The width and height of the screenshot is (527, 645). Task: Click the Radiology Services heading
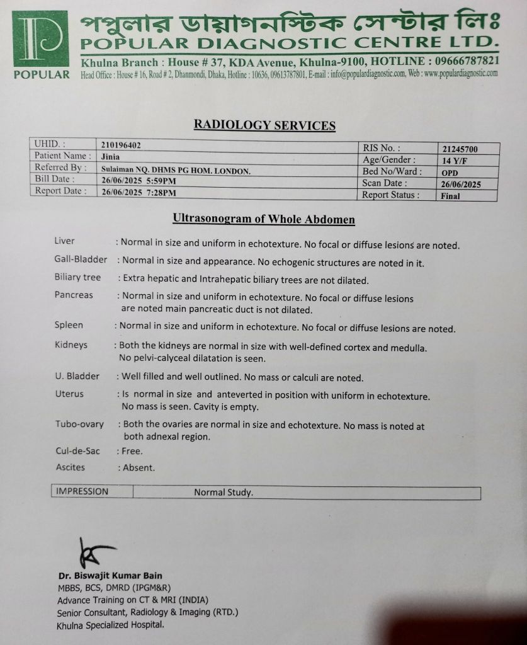(264, 125)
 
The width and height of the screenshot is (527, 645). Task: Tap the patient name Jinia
(110, 157)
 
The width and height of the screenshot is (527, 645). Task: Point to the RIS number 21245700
(460, 149)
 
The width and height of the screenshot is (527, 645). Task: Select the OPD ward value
(450, 173)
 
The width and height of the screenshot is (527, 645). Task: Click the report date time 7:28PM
(161, 192)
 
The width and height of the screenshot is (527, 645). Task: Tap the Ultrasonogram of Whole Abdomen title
(264, 219)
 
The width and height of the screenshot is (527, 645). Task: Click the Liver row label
(65, 241)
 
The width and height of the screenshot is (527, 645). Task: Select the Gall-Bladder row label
(81, 260)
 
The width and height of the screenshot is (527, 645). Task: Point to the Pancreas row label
(74, 295)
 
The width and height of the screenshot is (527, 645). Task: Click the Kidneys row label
(71, 345)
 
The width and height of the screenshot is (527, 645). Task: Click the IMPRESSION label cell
(82, 491)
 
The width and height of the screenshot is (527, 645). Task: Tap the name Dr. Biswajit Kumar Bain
(110, 576)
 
